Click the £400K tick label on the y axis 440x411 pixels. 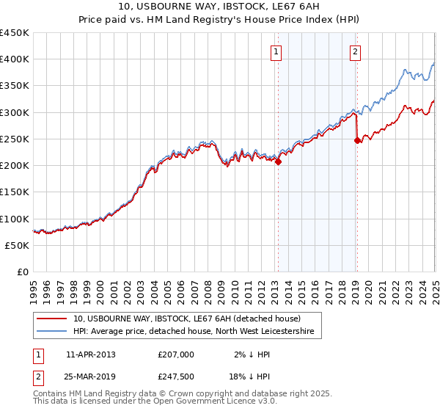[x=14, y=59]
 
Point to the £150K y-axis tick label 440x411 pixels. [x=14, y=192]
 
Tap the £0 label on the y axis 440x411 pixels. [x=22, y=272]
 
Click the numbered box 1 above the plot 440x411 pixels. [x=276, y=51]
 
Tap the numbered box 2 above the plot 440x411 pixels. [x=355, y=51]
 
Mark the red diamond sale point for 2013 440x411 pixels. [x=279, y=162]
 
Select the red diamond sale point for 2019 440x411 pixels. [x=358, y=141]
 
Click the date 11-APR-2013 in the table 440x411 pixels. [x=90, y=354]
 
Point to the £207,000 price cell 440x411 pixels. [x=175, y=354]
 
